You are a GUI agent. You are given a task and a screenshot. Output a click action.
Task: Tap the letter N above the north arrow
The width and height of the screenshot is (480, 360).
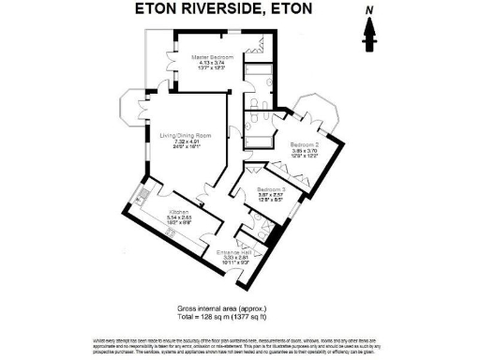(x=369, y=10)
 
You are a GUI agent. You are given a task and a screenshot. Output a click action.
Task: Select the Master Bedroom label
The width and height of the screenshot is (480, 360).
(x=213, y=56)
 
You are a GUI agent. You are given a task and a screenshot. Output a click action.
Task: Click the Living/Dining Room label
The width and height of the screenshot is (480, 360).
(x=184, y=135)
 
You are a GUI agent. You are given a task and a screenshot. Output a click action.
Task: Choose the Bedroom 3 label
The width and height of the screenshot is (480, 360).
(x=271, y=190)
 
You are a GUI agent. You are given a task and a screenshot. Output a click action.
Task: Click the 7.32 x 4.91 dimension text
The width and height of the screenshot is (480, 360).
(x=184, y=142)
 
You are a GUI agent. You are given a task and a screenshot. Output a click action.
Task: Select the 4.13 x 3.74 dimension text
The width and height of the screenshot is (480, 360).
(x=213, y=63)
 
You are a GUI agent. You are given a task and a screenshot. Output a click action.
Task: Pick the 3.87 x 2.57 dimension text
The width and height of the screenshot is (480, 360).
(x=271, y=196)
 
